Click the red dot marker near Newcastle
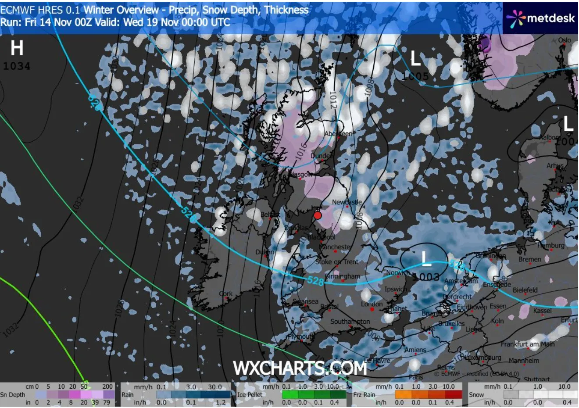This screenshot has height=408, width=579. point(318,215)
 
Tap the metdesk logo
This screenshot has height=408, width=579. point(541,18)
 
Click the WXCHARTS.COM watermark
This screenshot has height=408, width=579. point(300,368)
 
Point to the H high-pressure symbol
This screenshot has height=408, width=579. point(17,48)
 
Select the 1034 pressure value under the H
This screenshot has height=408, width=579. point(17,66)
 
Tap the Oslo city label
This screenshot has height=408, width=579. point(565,40)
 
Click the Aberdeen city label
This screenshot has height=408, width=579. point(338,134)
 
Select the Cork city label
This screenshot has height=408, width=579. point(225,293)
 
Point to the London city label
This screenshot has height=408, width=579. point(372,304)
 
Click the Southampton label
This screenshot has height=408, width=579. point(350,322)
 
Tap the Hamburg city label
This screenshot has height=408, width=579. point(551,246)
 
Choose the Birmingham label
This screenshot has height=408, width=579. point(343,276)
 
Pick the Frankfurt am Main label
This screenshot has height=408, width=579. point(528,344)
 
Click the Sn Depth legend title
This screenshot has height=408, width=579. point(13,394)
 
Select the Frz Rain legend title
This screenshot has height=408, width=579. point(364,394)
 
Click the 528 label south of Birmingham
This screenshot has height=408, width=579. point(316,281)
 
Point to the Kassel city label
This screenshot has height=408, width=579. point(543,311)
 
